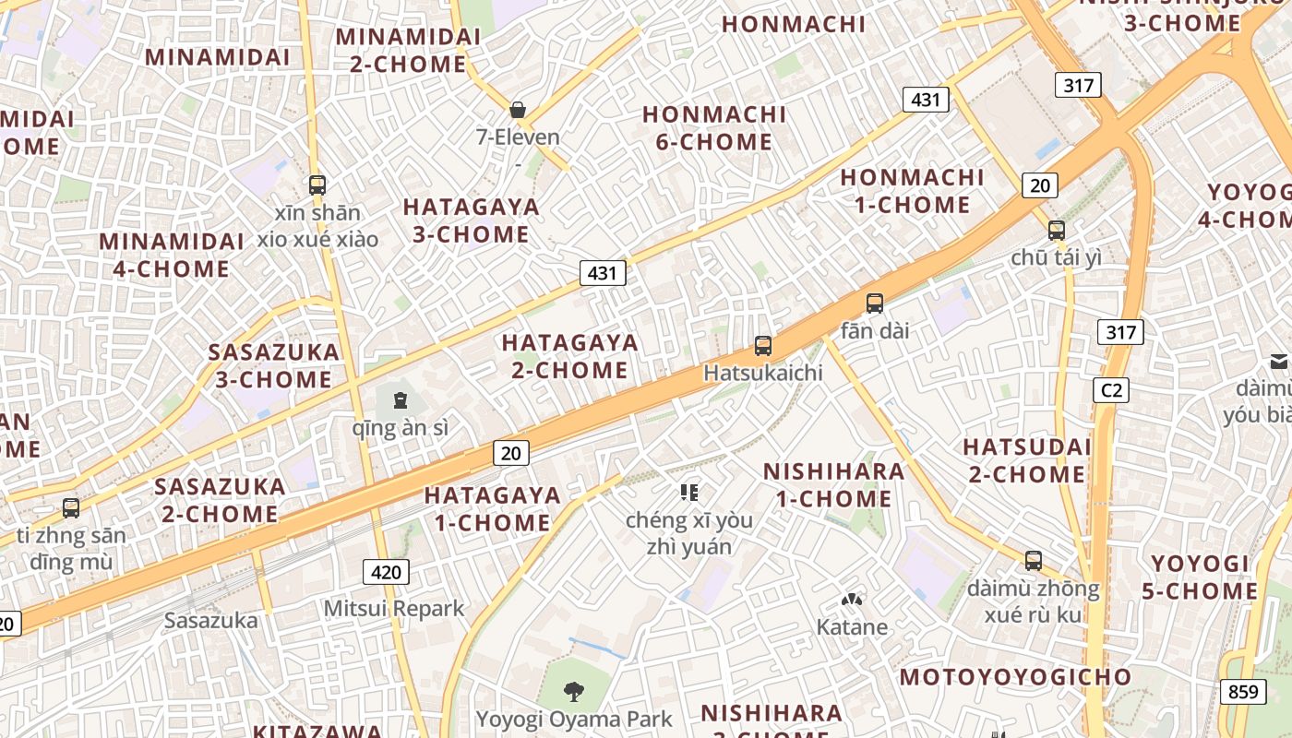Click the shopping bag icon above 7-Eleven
point(518,110)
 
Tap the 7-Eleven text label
point(518,137)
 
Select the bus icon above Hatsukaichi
point(763,346)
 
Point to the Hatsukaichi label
point(762,373)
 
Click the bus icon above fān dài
point(875,303)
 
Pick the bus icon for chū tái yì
point(1057,231)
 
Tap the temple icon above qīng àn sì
point(401,400)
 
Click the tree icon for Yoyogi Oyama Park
point(574,691)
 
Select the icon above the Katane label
point(851,601)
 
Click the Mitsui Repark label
point(394,609)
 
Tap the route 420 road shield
point(386,572)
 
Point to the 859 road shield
point(1242,691)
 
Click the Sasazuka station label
point(211,620)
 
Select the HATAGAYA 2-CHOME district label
point(569,356)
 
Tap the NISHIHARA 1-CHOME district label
point(833,485)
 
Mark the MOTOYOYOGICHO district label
point(1015,677)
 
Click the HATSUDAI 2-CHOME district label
point(1026,460)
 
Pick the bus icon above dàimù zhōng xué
point(1034,561)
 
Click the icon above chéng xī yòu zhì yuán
point(689,493)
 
